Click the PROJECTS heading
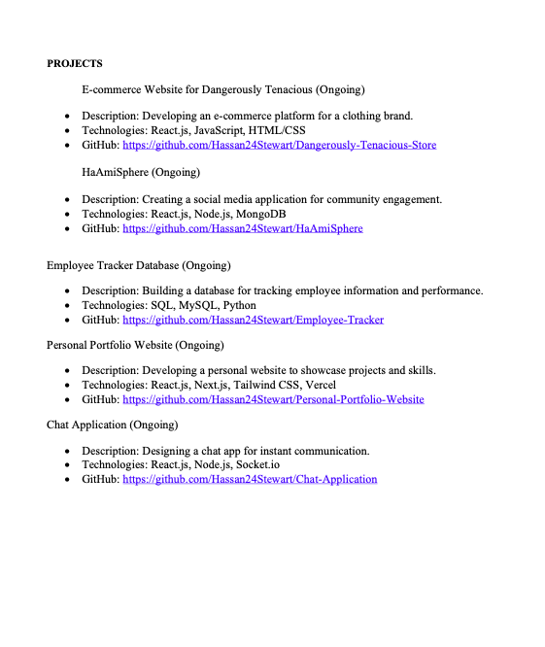pyautogui.click(x=75, y=64)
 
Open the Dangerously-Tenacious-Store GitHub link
pyautogui.click(x=279, y=146)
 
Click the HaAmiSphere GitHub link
pyautogui.click(x=242, y=229)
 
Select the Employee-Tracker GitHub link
pyautogui.click(x=253, y=321)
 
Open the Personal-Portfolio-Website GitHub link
pyautogui.click(x=273, y=400)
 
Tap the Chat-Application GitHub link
pyautogui.click(x=250, y=480)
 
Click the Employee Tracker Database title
pyautogui.click(x=138, y=265)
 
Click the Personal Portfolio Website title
pyautogui.click(x=135, y=345)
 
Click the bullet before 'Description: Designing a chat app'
pyautogui.click(x=67, y=452)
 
